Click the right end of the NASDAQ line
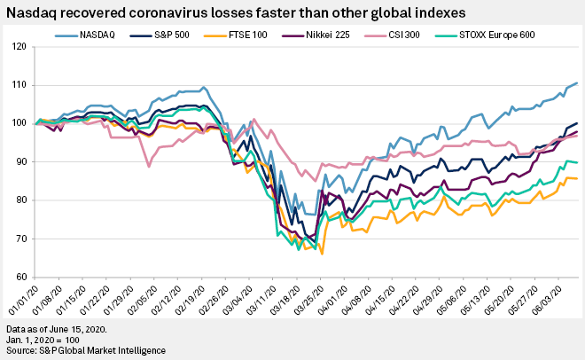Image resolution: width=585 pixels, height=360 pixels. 578,83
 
